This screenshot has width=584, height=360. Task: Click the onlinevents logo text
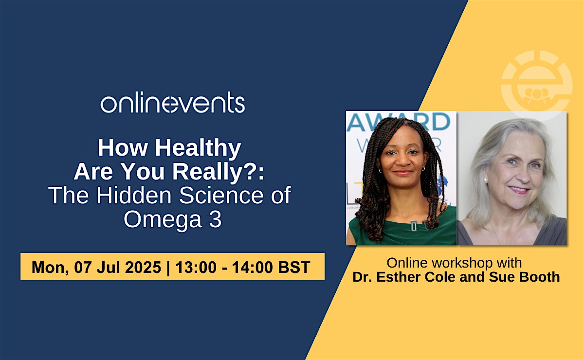pyautogui.click(x=173, y=102)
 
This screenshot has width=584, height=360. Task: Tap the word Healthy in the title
pyautogui.click(x=198, y=148)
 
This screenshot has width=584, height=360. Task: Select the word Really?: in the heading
pyautogui.click(x=219, y=172)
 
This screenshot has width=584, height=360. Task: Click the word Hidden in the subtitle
pyautogui.click(x=134, y=195)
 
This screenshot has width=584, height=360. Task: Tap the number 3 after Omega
pyautogui.click(x=215, y=219)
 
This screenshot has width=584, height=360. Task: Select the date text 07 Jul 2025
pyautogui.click(x=118, y=267)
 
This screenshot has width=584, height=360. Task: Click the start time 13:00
pyautogui.click(x=196, y=267)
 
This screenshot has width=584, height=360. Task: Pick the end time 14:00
pyautogui.click(x=253, y=267)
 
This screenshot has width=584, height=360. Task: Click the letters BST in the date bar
pyautogui.click(x=294, y=267)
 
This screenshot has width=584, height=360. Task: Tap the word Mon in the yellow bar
pyautogui.click(x=49, y=267)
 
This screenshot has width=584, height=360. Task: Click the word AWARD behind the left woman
pyautogui.click(x=399, y=122)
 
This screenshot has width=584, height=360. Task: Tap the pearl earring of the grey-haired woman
pyautogui.click(x=486, y=180)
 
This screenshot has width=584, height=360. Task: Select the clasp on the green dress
pyautogui.click(x=414, y=225)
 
